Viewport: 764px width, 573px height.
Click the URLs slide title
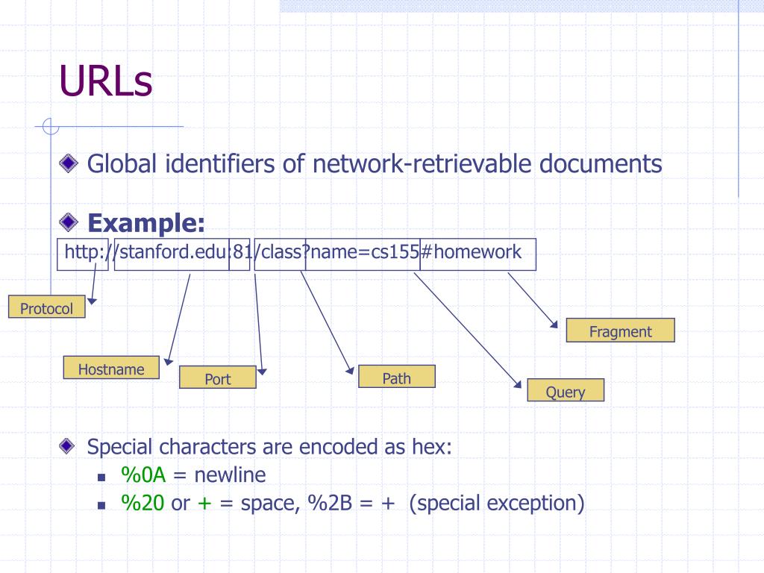106,81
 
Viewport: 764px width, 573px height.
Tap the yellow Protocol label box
46,307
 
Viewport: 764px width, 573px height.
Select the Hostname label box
111,368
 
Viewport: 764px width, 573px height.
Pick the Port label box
218,378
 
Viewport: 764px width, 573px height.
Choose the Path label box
396,377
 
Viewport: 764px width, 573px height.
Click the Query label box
565,391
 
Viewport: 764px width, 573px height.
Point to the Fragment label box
620,331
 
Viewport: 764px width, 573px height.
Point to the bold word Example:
146,222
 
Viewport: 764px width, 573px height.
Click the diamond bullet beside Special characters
69,446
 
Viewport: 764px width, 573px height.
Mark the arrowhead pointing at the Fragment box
554,325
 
